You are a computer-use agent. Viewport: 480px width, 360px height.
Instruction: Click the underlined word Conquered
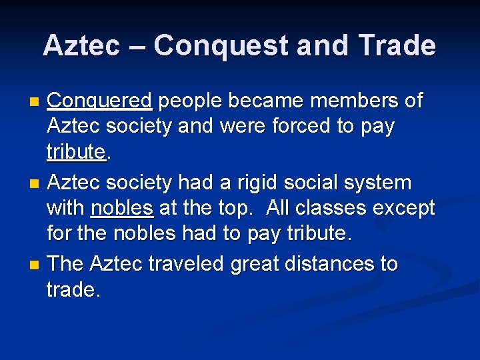coord(101,101)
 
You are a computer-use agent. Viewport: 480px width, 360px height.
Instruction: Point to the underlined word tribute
coord(76,153)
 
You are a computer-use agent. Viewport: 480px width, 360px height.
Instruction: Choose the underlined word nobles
coord(122,209)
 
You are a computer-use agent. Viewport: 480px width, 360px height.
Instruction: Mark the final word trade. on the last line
coord(73,290)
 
